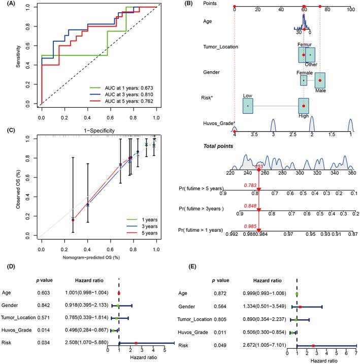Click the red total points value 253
(x=259, y=166)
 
